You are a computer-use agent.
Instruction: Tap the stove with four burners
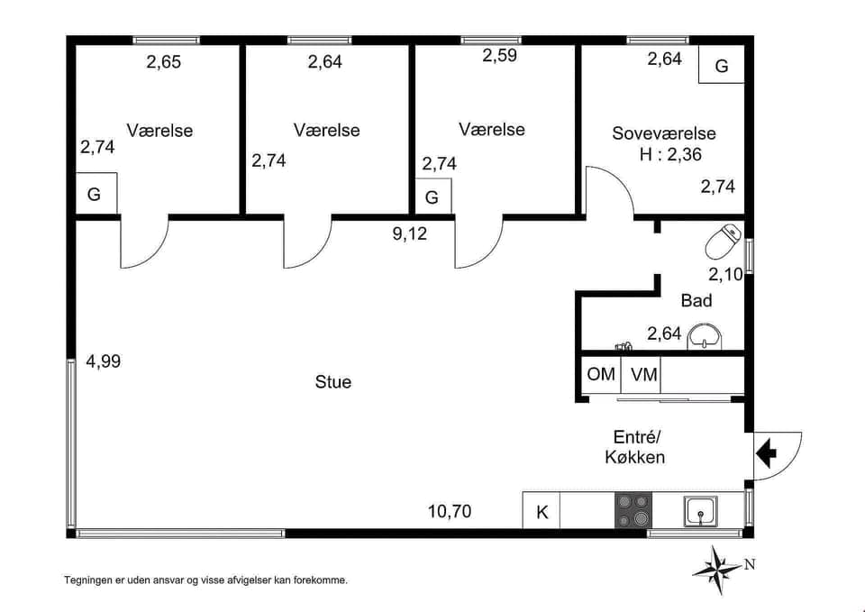click(x=633, y=510)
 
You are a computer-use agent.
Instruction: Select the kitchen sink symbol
click(x=700, y=511)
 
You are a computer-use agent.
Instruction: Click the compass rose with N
click(x=718, y=570)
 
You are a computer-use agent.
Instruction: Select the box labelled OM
click(x=601, y=374)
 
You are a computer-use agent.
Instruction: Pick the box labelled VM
click(x=643, y=374)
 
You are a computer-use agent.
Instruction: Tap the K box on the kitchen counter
click(x=542, y=512)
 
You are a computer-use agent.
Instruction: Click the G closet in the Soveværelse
click(x=722, y=66)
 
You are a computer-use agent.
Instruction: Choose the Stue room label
click(x=333, y=382)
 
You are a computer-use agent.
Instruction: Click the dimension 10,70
click(x=449, y=513)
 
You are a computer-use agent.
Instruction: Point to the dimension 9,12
click(x=409, y=234)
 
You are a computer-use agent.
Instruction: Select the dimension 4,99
click(x=103, y=361)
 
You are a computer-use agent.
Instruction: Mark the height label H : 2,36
click(x=670, y=154)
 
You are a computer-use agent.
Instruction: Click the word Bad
click(x=696, y=301)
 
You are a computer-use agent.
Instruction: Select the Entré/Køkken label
click(x=634, y=446)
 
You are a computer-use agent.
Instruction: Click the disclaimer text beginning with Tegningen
click(x=205, y=580)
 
